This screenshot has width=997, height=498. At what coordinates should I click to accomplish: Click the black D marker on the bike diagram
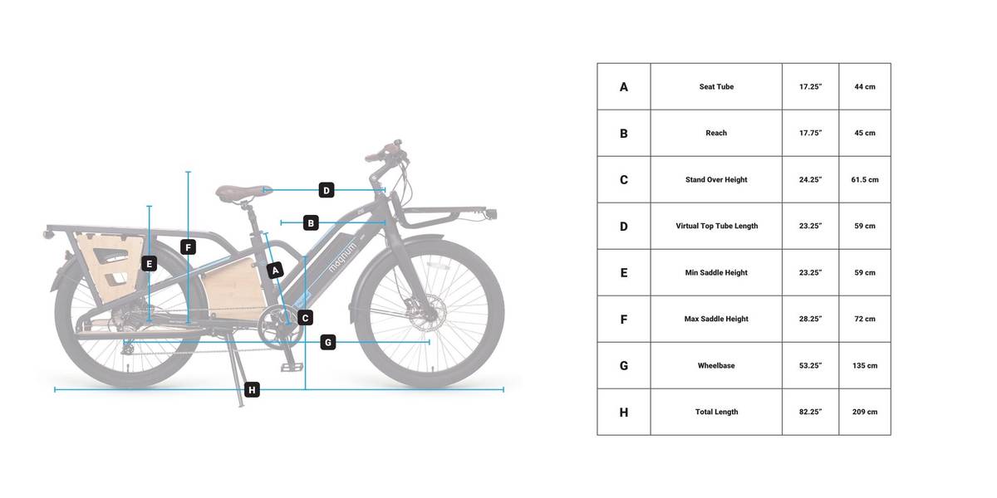(327, 190)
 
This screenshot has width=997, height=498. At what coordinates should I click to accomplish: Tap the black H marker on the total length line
(252, 390)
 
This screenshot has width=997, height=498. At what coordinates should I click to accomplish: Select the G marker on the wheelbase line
(328, 342)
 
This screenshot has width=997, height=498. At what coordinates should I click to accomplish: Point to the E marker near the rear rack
(149, 264)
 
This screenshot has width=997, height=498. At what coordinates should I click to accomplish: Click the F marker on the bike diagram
(189, 247)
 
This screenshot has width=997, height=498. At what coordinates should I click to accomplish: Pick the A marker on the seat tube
(275, 271)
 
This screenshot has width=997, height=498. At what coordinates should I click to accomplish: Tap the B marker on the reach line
(311, 222)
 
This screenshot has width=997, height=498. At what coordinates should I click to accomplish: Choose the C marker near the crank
(305, 318)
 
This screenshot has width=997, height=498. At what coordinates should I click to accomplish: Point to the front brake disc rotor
(426, 312)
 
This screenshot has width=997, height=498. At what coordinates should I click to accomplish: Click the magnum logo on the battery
(342, 256)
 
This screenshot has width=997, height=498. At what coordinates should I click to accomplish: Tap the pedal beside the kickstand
(292, 367)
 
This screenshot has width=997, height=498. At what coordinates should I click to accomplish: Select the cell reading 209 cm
(865, 412)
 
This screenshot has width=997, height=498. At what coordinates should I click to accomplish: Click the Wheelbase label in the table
(716, 365)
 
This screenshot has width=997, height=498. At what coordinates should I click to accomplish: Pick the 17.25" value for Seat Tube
(811, 86)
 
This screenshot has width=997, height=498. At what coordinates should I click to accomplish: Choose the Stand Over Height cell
(716, 179)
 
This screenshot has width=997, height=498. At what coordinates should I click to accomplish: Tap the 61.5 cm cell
(865, 179)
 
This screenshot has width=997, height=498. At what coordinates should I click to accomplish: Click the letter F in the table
(624, 320)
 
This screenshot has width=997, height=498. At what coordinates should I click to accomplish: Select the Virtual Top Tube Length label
(716, 226)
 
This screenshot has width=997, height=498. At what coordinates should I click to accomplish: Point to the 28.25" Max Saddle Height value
(811, 319)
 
